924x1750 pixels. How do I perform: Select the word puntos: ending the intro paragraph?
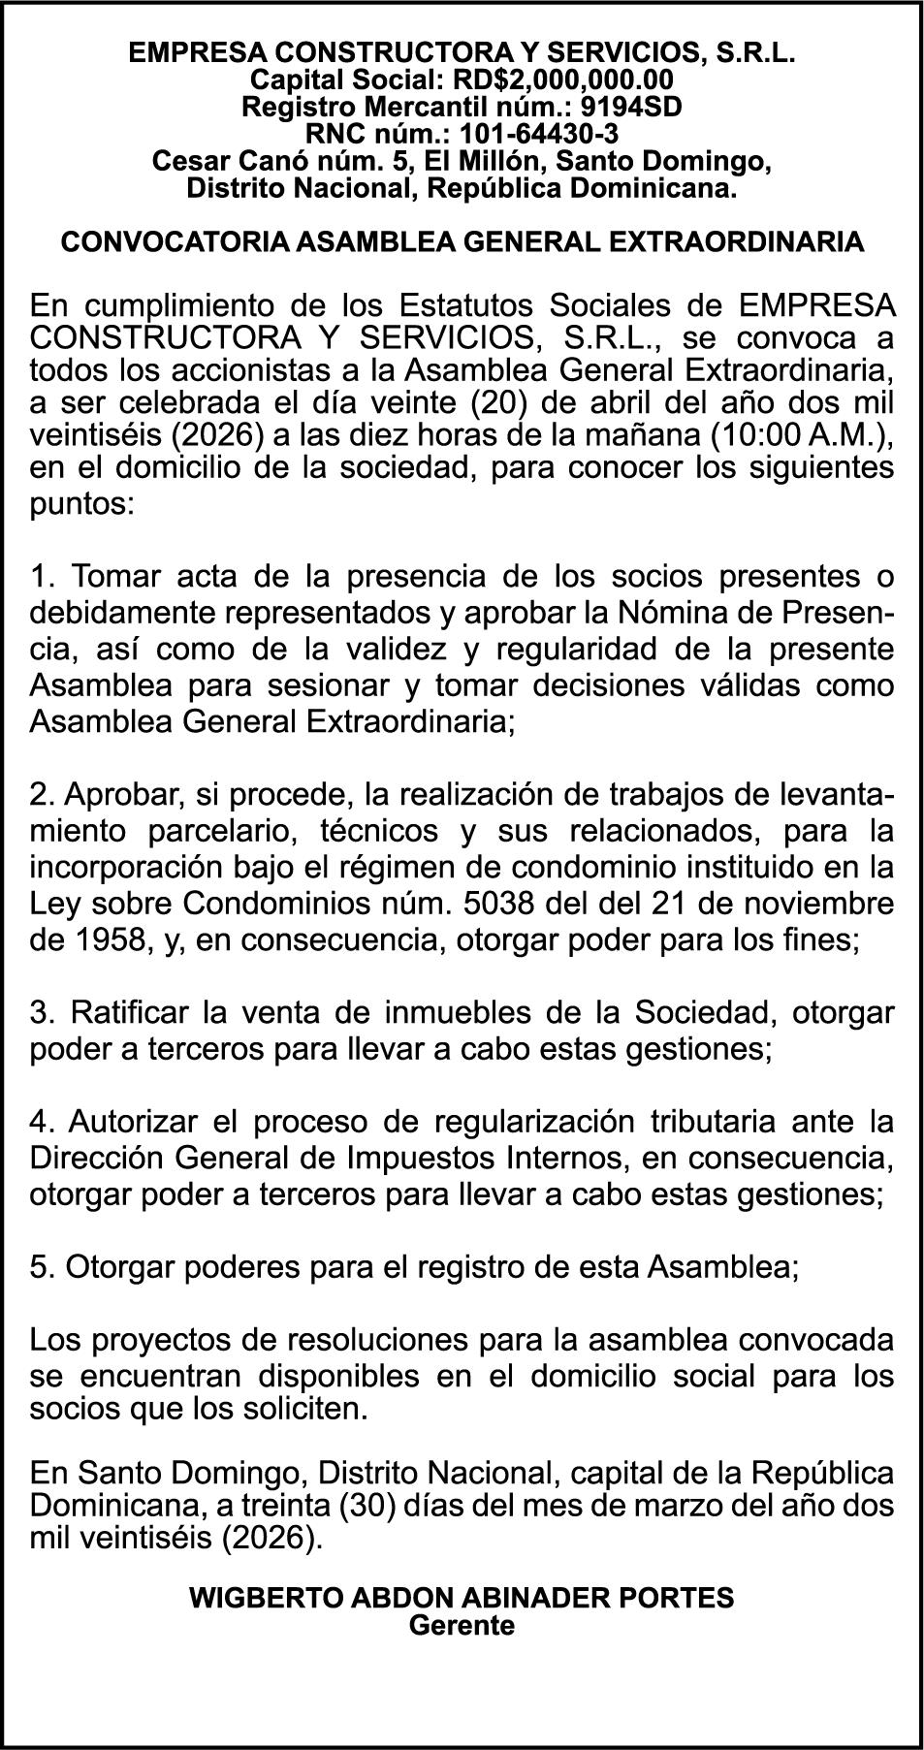click(82, 504)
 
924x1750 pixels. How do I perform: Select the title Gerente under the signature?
click(462, 1625)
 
